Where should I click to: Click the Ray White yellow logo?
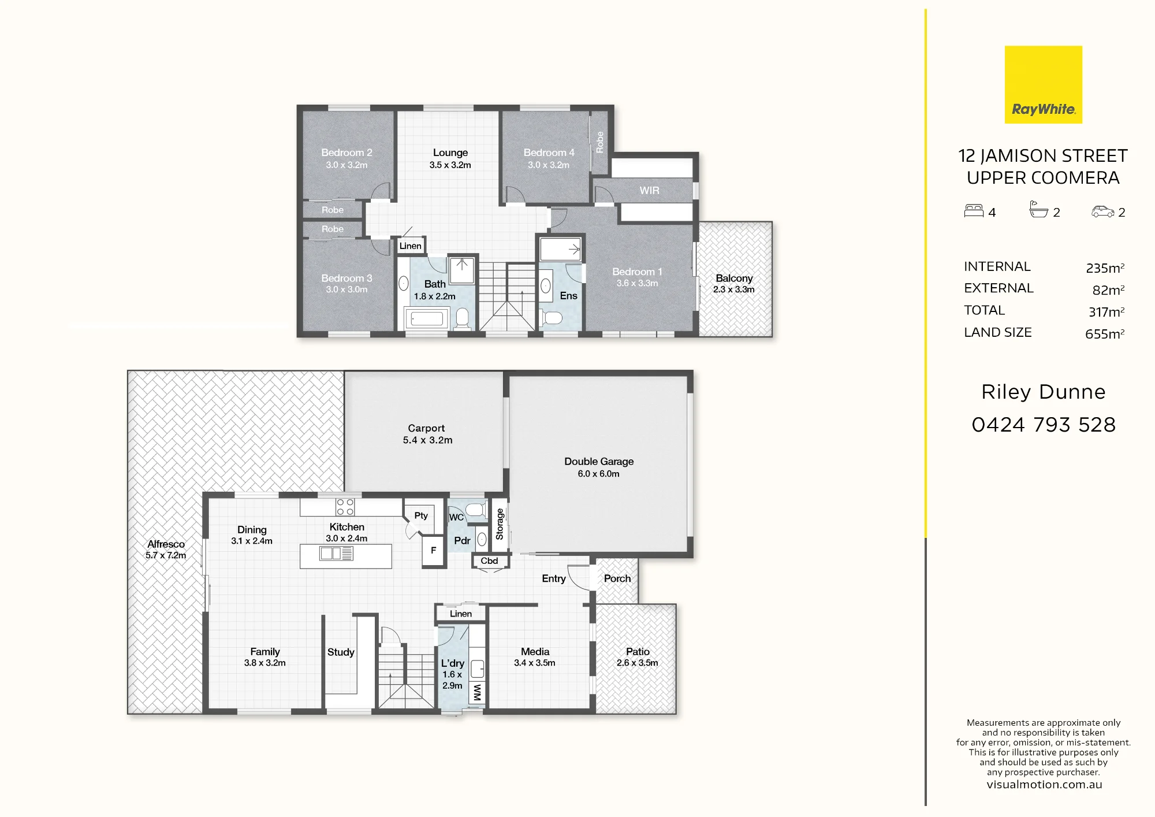(1043, 84)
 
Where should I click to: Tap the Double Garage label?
(599, 462)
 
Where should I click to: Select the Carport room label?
(426, 428)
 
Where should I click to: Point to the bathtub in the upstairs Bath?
(427, 318)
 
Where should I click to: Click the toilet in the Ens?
(552, 318)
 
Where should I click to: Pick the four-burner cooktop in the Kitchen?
(345, 507)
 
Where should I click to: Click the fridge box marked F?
(433, 551)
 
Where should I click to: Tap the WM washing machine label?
(477, 692)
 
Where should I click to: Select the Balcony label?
(734, 278)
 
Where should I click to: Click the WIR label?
(649, 191)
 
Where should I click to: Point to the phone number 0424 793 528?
(1044, 425)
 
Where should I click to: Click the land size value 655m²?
(1105, 334)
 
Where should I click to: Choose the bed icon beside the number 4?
(974, 211)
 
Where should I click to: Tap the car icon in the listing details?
(1102, 211)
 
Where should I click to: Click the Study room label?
(341, 652)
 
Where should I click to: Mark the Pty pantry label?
(421, 516)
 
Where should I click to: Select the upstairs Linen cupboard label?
(411, 246)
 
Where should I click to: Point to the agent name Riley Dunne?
(1044, 392)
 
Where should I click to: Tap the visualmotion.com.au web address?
(1044, 785)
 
